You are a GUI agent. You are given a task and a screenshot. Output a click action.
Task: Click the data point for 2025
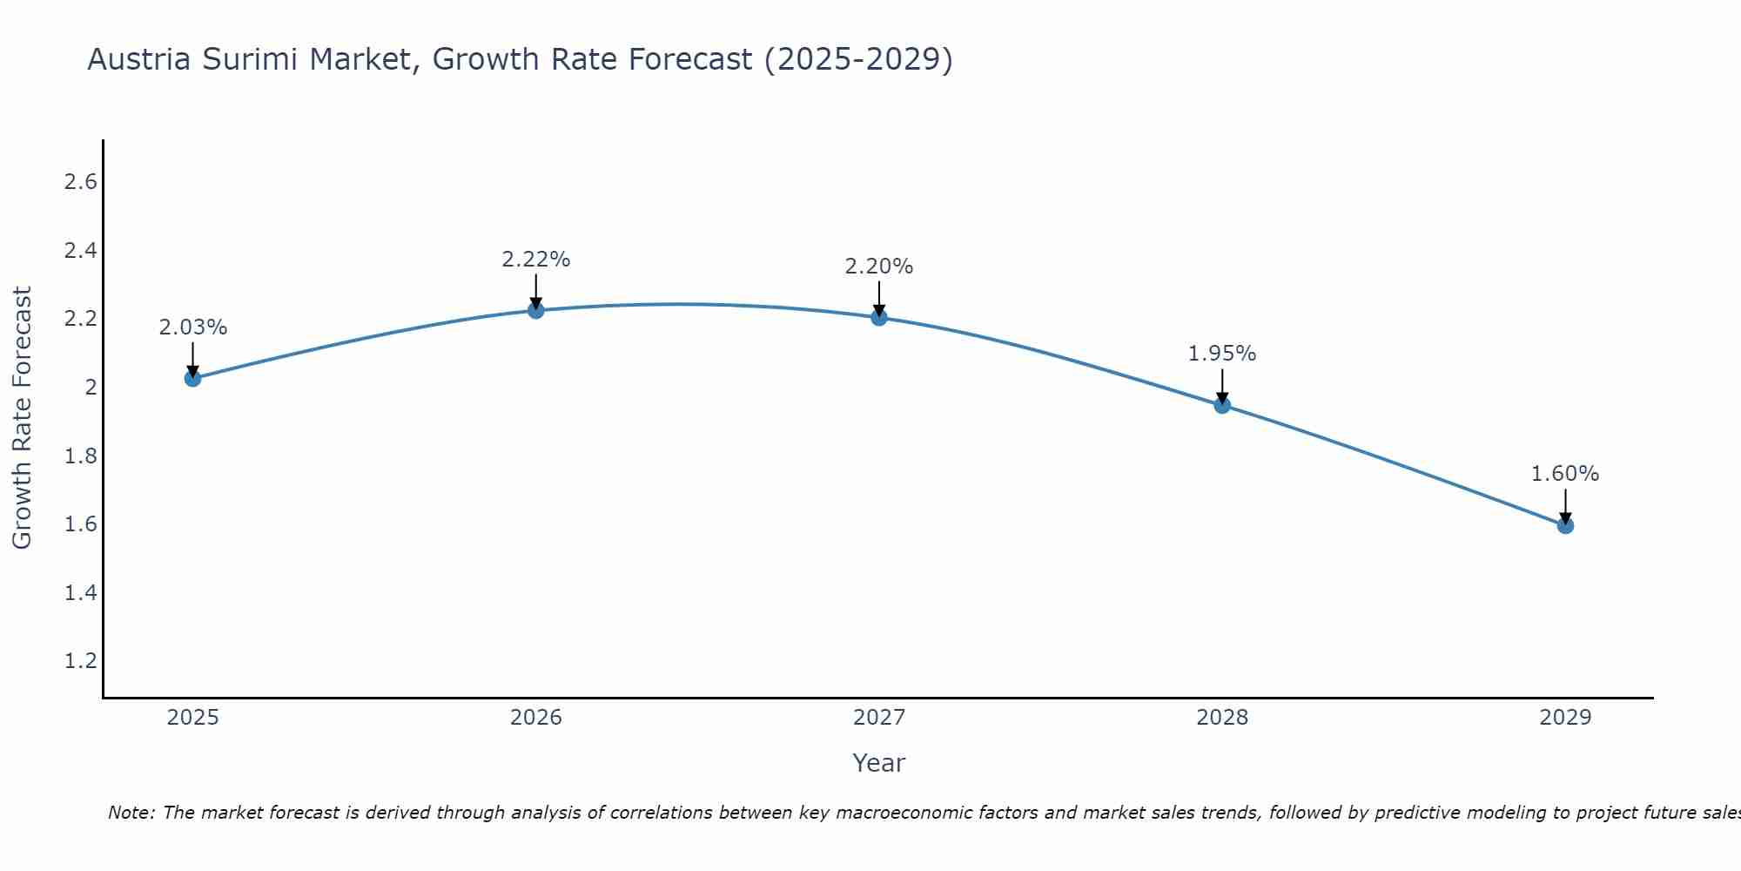[x=192, y=378]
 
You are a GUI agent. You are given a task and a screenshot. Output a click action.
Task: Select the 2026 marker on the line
[x=536, y=310]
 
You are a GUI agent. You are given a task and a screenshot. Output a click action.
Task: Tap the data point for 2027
[x=879, y=317]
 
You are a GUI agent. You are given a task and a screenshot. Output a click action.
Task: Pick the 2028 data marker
[x=1222, y=405]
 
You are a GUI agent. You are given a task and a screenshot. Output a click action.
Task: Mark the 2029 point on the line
[x=1565, y=525]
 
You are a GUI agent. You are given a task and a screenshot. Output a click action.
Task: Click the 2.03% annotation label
[x=192, y=327]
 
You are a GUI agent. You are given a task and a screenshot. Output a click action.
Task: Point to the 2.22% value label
[x=536, y=260]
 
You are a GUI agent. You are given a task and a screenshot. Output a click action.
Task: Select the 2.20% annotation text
[x=879, y=267]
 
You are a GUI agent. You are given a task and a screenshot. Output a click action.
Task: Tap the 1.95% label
[x=1222, y=354]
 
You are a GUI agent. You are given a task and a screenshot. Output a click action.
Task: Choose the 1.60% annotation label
[x=1565, y=474]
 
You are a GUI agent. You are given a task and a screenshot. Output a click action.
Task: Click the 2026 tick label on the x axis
[x=536, y=718]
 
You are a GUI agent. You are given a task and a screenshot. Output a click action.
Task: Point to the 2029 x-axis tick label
[x=1565, y=718]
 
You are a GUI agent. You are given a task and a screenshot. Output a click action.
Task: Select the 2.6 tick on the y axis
[x=80, y=182]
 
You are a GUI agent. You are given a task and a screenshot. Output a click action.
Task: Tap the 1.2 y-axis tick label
[x=80, y=661]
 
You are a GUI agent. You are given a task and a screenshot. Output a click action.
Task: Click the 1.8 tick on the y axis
[x=80, y=456]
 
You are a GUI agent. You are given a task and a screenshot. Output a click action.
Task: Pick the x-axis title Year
[x=879, y=763]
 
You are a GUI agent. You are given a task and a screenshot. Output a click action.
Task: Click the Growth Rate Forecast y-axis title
[x=22, y=418]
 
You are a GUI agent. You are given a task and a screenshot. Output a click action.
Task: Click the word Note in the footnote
[x=131, y=813]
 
